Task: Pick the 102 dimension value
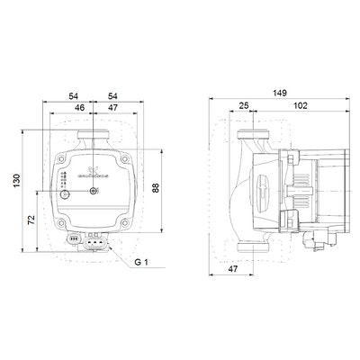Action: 299,106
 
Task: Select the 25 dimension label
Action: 245,106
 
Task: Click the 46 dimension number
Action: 81,106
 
